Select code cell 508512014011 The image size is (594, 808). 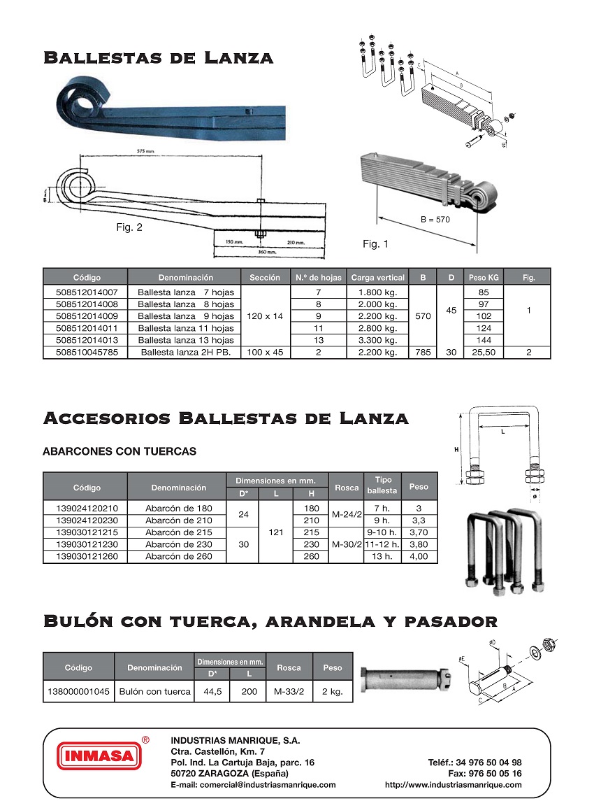coord(86,327)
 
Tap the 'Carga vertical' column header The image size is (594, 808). coord(377,278)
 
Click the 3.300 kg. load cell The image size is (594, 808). coord(377,340)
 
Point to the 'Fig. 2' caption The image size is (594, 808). coord(129,227)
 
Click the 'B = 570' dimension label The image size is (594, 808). coord(435,219)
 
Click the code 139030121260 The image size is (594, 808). coord(86,557)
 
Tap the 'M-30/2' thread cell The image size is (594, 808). coord(347,544)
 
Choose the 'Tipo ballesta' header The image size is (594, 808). coord(383,485)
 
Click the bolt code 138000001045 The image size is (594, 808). coord(78,692)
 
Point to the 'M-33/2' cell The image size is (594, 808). coord(289,692)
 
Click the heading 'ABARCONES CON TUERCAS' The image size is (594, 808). coord(119,451)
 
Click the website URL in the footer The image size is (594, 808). coord(453,785)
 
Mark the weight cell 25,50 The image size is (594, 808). coord(483,353)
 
